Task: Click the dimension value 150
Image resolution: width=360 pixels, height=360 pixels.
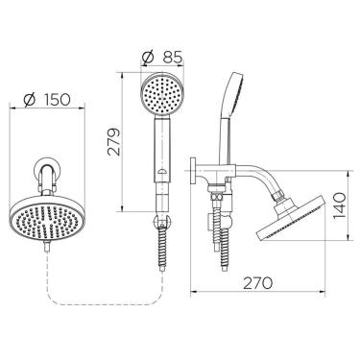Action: [x=57, y=100]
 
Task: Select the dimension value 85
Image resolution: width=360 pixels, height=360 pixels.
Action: [x=172, y=58]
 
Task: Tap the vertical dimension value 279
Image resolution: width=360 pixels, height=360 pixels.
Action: [x=114, y=142]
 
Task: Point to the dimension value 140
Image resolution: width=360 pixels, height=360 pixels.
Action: [x=339, y=205]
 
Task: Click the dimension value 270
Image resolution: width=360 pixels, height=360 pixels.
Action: [x=258, y=283]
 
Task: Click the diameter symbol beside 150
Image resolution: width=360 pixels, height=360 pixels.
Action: [x=30, y=100]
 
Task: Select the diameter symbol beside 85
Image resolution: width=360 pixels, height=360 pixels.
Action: [x=148, y=58]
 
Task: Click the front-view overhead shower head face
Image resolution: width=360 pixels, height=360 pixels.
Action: [x=47, y=221]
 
